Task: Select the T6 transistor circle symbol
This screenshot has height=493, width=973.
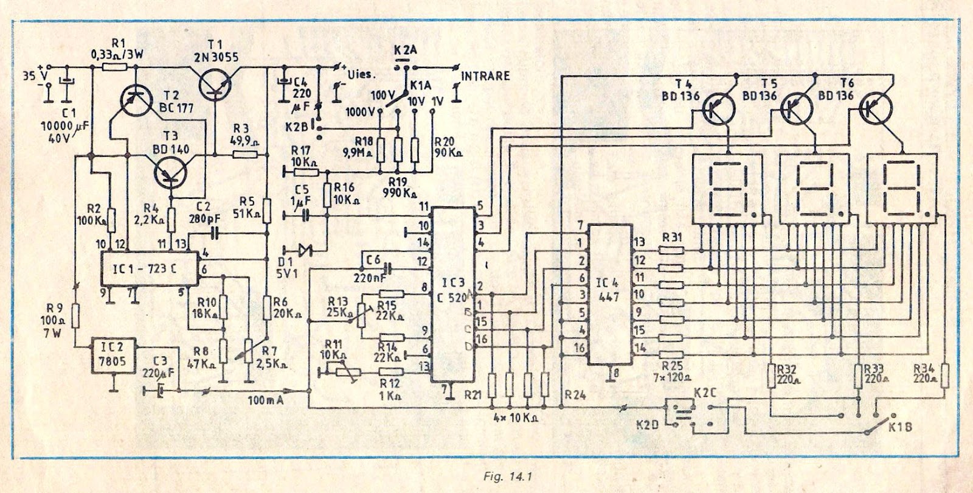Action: coord(876,108)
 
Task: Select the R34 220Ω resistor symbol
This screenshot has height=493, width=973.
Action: coord(944,375)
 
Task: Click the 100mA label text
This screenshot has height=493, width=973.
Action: coord(266,400)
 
